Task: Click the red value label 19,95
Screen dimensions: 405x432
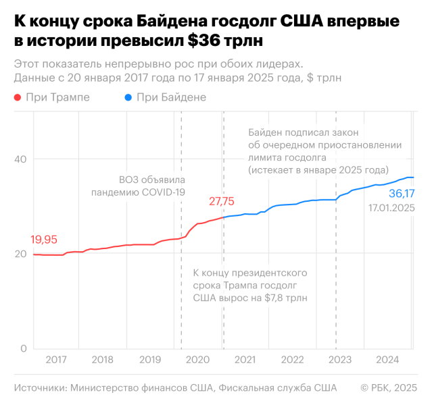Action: click(44, 240)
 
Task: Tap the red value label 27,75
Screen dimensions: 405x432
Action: click(222, 201)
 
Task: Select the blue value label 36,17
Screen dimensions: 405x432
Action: click(401, 194)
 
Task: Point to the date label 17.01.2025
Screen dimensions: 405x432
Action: click(391, 209)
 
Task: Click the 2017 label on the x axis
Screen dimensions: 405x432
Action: click(56, 359)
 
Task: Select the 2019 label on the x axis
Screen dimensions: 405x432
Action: click(150, 359)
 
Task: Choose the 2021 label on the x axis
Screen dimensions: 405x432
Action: click(245, 359)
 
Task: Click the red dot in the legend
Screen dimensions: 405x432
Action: click(18, 98)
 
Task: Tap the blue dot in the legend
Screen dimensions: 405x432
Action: click(128, 98)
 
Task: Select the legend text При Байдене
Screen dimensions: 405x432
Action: click(171, 98)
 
